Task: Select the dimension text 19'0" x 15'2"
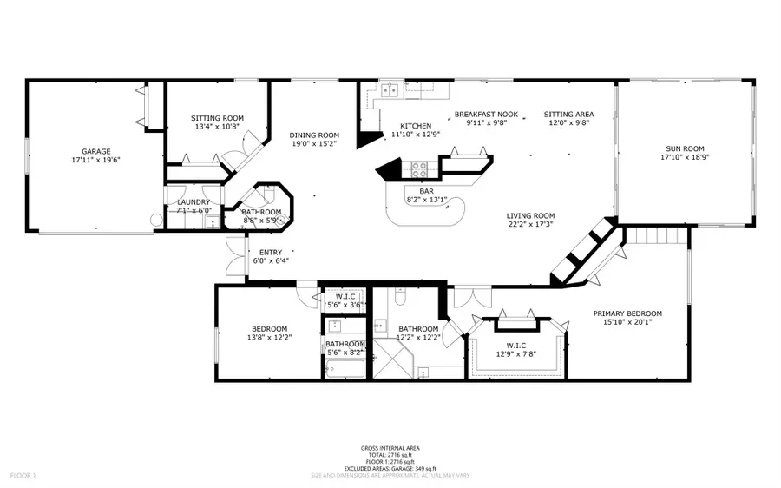(x=314, y=145)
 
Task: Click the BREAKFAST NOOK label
(x=485, y=114)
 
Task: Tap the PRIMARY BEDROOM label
(x=627, y=313)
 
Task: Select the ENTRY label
(x=270, y=253)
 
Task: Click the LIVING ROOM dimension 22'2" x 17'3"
(x=531, y=226)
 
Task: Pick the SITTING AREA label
(x=568, y=114)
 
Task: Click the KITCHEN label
(x=416, y=126)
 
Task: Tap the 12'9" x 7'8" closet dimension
(x=516, y=354)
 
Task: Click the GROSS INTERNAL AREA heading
(x=390, y=448)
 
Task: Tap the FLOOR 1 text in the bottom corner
(x=22, y=476)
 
